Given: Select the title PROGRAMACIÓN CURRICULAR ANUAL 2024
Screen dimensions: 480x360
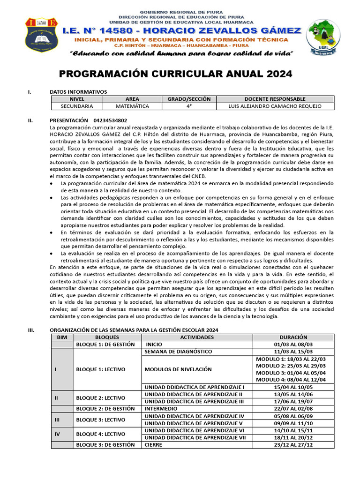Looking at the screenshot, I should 175,74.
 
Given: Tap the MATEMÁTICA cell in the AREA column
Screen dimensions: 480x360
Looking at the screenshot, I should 132,106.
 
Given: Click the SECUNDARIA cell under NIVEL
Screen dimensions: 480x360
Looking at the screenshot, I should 77,106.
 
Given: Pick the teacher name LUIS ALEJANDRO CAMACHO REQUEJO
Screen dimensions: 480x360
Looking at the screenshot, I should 275,106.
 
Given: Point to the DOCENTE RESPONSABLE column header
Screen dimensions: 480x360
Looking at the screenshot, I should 275,99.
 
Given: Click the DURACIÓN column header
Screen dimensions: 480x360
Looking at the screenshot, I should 293,337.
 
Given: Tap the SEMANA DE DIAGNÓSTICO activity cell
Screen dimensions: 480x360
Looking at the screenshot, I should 179,352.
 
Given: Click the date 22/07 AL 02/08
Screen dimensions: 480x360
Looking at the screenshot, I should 293,409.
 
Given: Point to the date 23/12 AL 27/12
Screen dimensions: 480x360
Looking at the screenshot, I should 293,444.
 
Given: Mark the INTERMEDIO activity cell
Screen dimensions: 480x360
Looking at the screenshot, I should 161,409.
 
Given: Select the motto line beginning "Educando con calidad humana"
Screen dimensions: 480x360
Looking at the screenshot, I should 181,54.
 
